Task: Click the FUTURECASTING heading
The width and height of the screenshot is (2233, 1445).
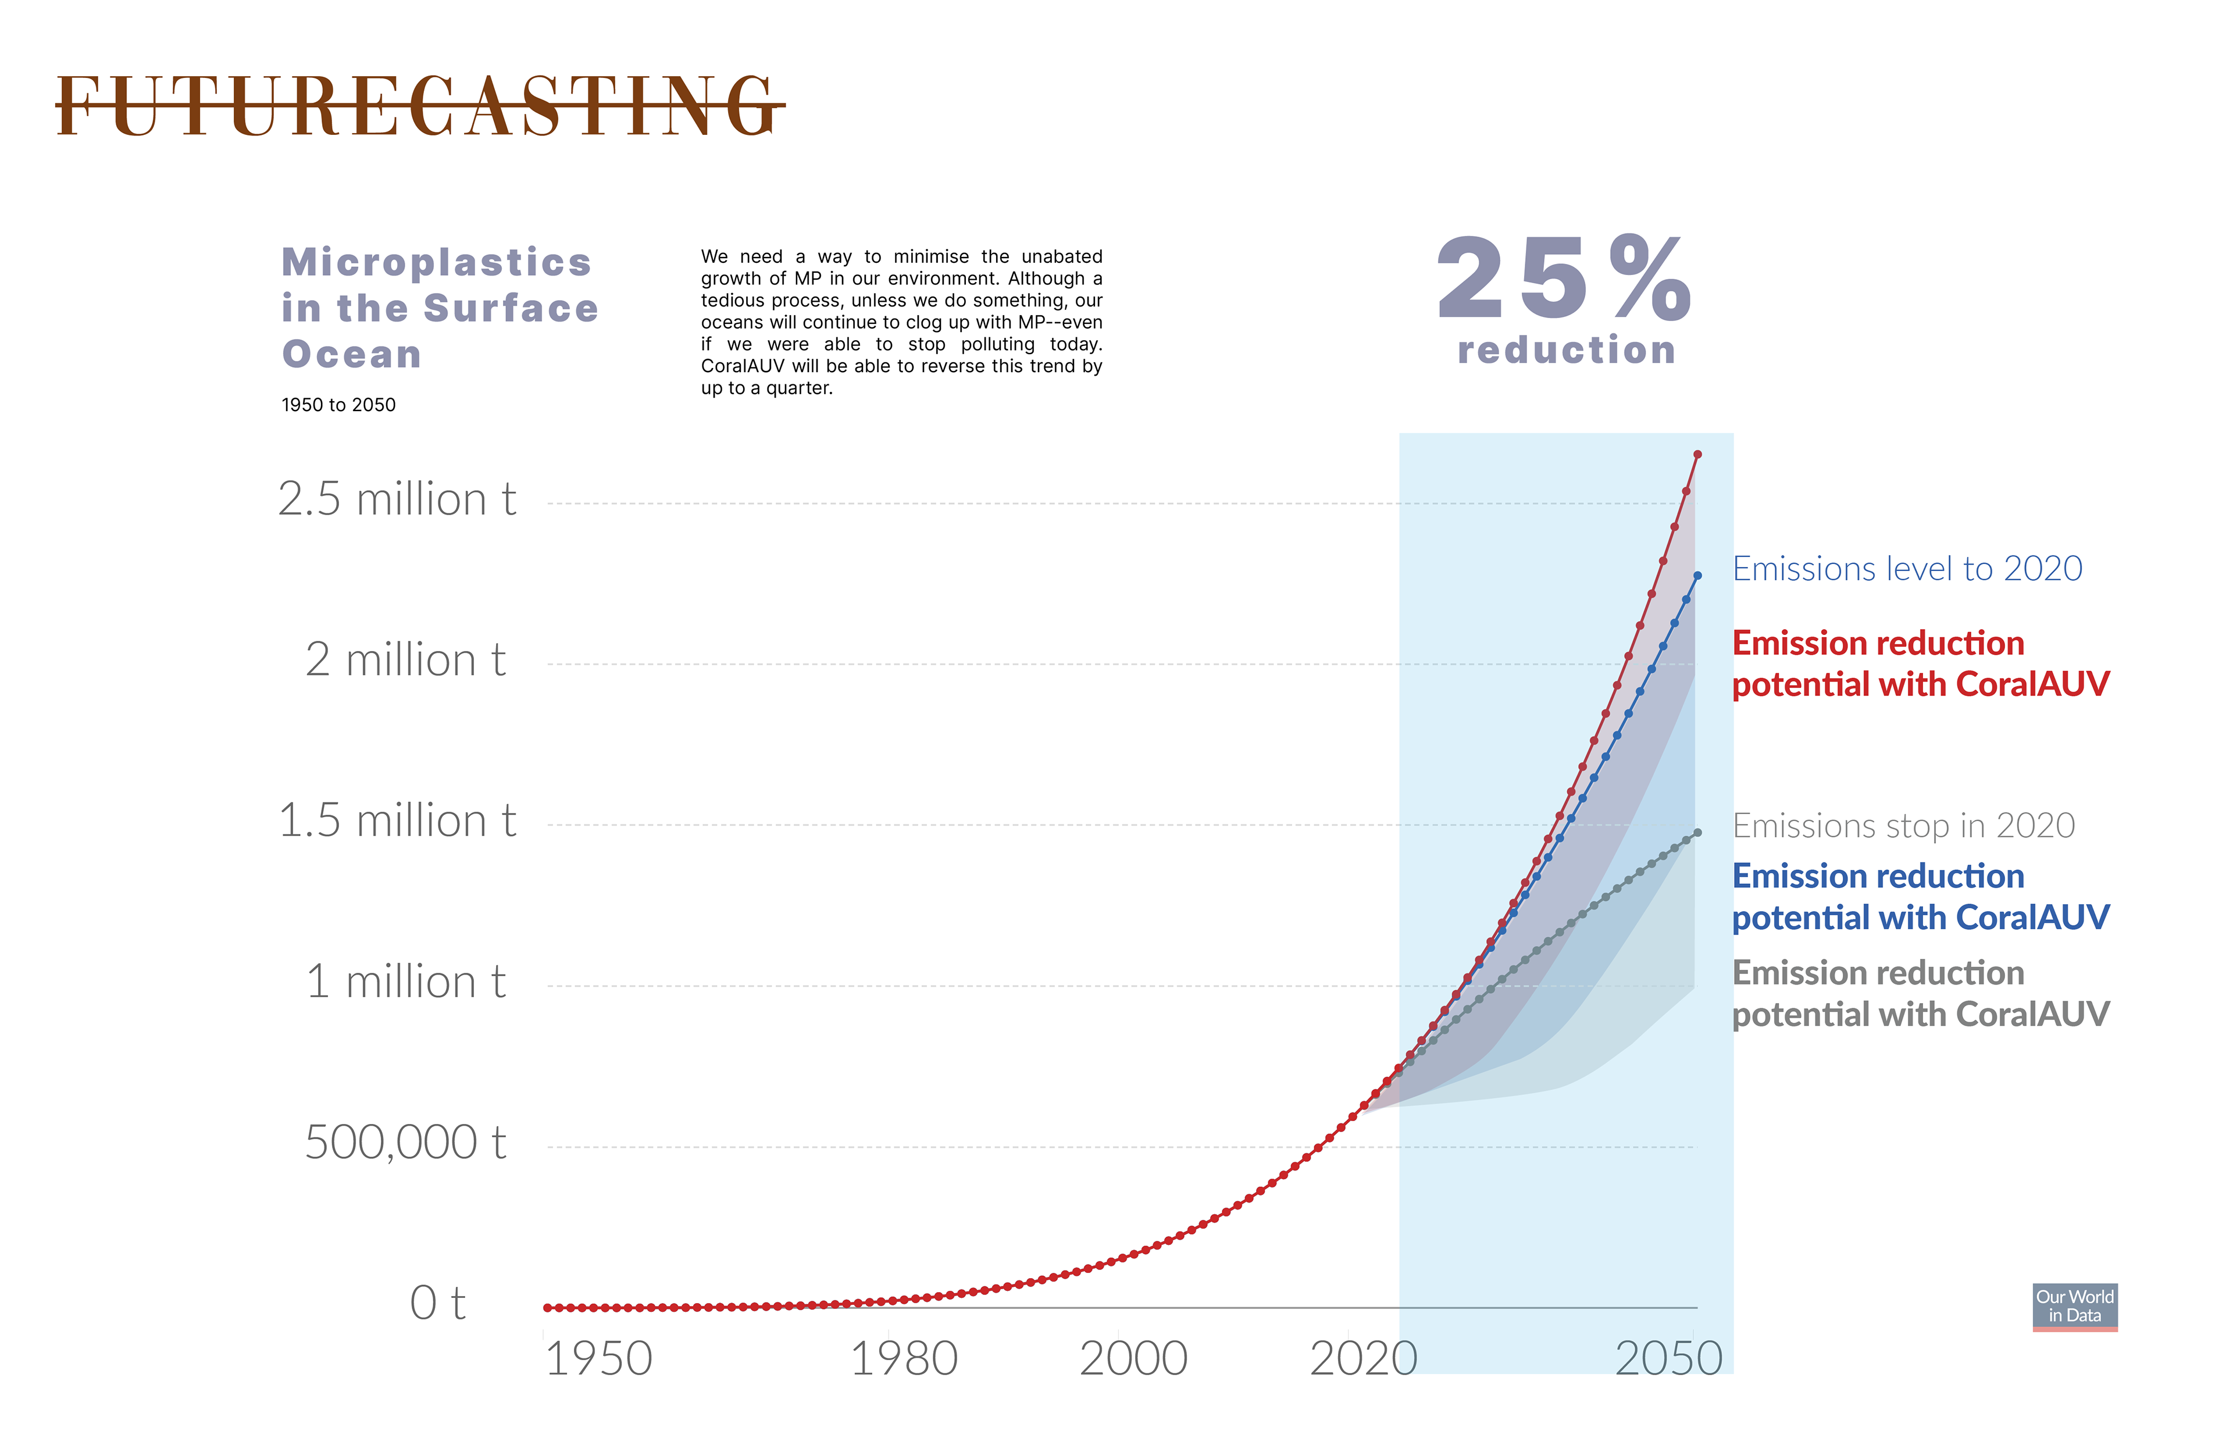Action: pos(419,106)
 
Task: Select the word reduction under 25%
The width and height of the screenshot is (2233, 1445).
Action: pos(1567,350)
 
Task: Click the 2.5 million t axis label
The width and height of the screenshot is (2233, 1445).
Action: pos(397,498)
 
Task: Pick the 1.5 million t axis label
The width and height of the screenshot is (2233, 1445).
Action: pos(397,821)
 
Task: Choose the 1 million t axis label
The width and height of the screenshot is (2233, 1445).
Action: pos(405,982)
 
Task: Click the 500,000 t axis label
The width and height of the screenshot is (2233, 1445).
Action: pos(405,1143)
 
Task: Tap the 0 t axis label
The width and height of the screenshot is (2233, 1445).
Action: pos(437,1303)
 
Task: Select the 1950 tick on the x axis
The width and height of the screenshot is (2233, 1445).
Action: pos(598,1359)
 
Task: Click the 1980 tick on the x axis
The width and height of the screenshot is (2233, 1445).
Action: pos(904,1359)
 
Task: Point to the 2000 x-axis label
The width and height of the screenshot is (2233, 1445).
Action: pos(1133,1359)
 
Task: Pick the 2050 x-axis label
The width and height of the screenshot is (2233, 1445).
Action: pos(1668,1359)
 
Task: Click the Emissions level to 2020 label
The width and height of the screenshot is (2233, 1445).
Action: pos(1907,569)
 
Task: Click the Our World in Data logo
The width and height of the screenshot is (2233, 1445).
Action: pos(2074,1306)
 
